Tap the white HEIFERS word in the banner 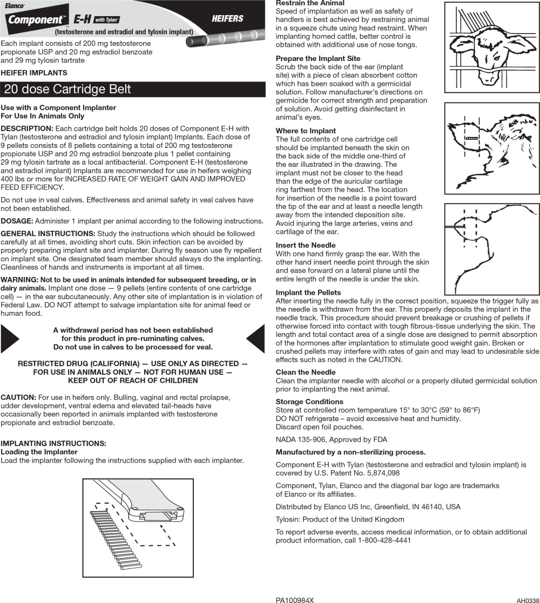click(227, 19)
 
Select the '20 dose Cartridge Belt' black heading click(67, 90)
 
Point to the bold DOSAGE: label click(17, 221)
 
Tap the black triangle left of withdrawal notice click(9, 338)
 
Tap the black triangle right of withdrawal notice click(256, 338)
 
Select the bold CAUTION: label click(18, 397)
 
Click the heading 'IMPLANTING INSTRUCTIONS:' click(53, 443)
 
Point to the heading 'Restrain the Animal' click(310, 3)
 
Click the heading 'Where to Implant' click(306, 131)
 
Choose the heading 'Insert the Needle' click(306, 245)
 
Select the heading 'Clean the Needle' click(306, 372)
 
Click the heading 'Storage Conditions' click(309, 402)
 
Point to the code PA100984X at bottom click(294, 600)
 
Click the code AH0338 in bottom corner click(528, 600)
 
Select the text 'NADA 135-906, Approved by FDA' click(332, 439)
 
